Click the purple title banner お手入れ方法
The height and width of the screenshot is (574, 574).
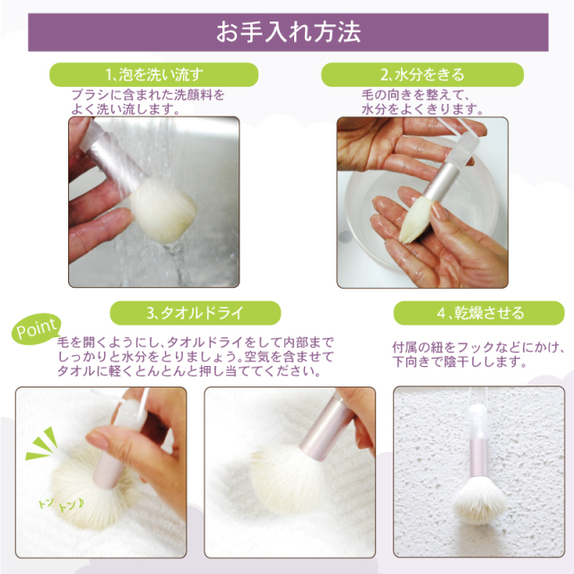point(287,32)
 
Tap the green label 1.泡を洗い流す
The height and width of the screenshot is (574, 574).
point(153,74)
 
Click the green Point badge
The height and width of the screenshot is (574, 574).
point(37,329)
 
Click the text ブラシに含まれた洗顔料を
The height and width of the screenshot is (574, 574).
point(147,94)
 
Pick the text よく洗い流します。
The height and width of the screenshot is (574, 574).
point(126,109)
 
